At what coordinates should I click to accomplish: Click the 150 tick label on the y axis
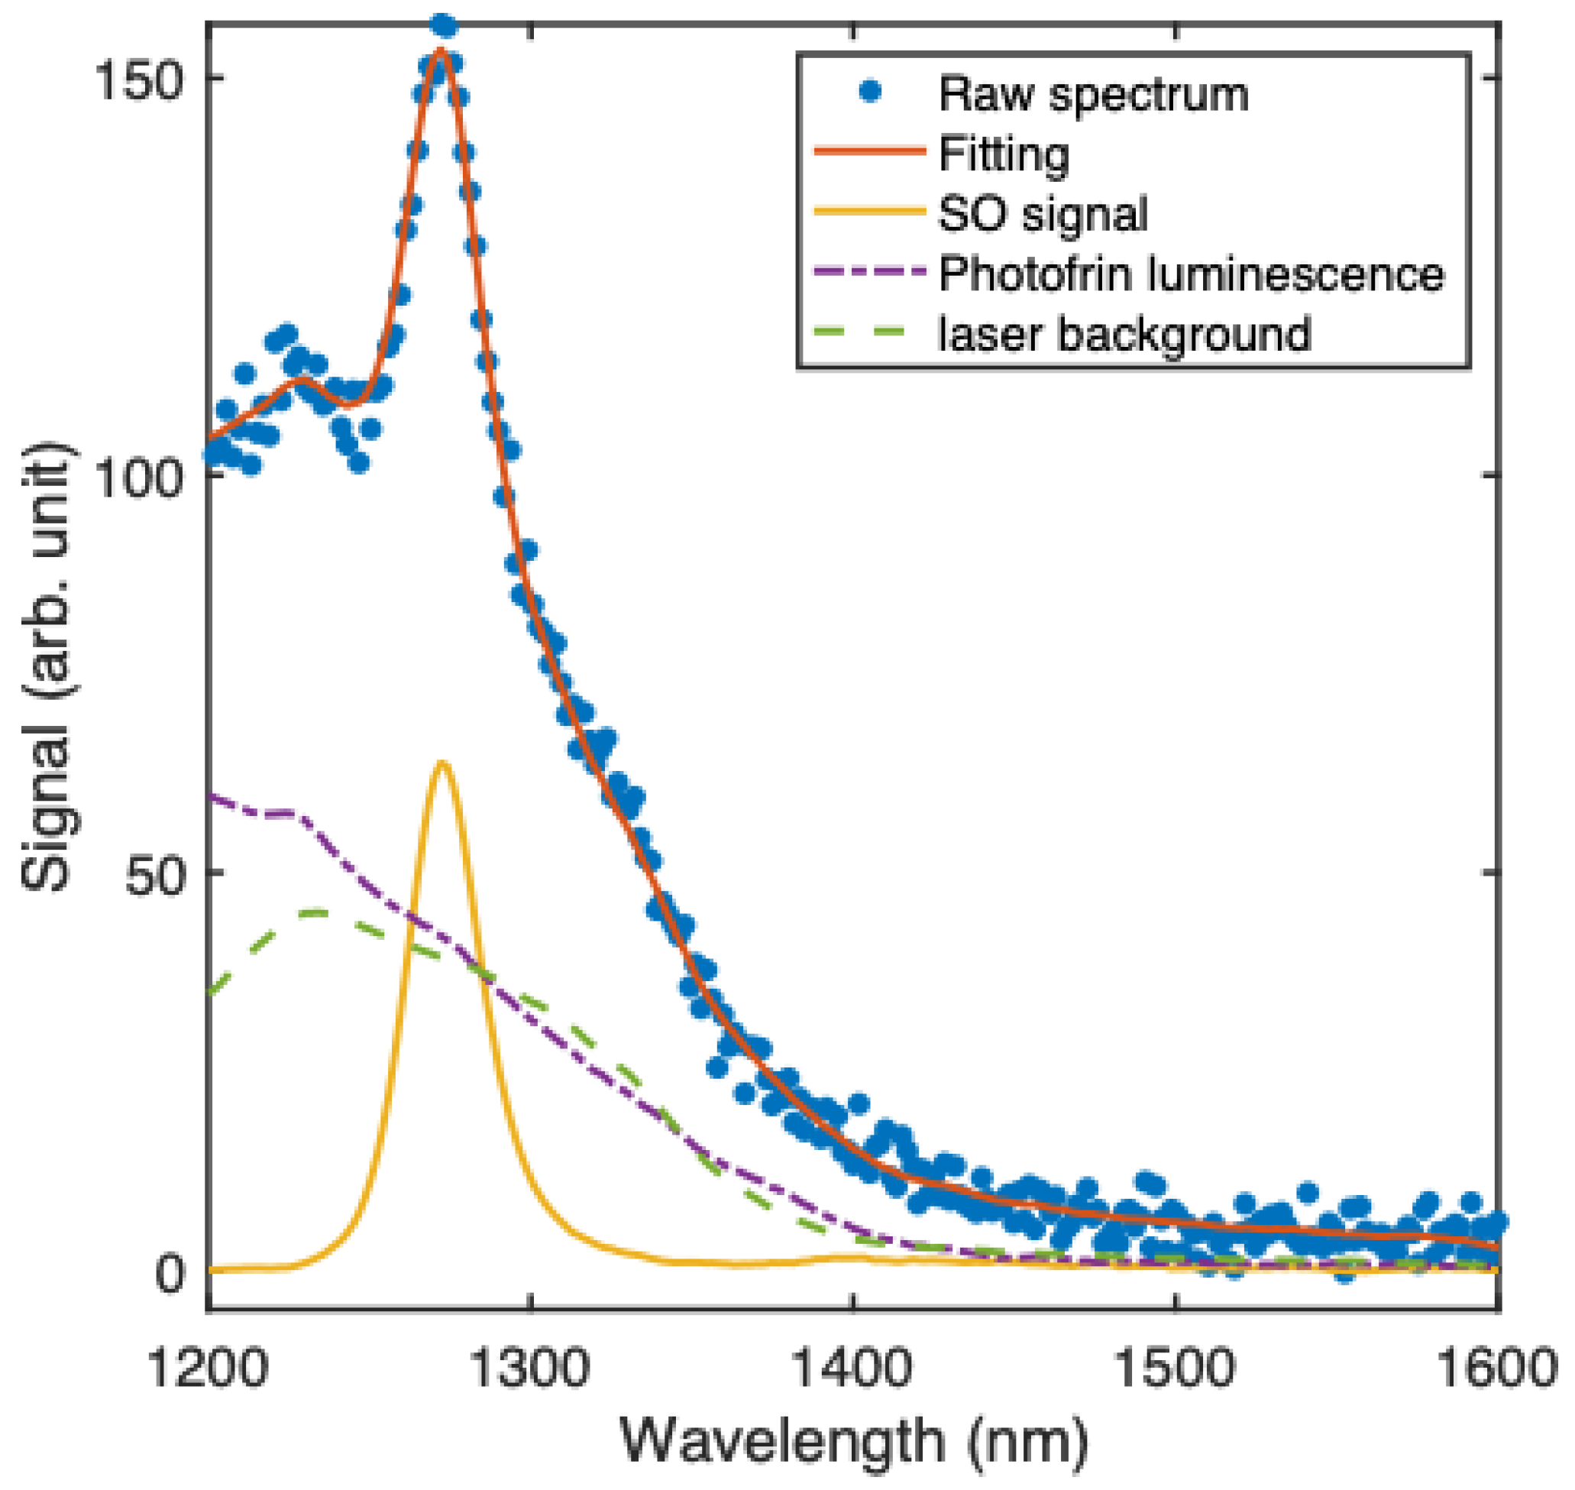134,80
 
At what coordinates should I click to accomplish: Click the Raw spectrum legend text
1093,95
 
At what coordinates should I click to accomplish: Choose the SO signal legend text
1043,214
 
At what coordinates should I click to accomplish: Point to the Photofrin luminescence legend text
1192,274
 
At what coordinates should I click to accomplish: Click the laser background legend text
1124,334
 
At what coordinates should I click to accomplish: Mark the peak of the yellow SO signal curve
441,764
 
